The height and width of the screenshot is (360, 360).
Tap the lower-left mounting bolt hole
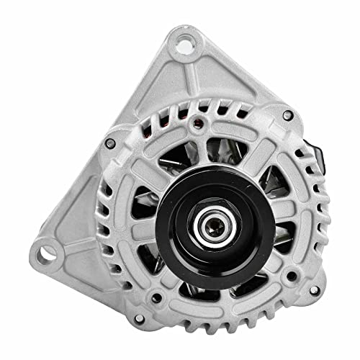(48, 253)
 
